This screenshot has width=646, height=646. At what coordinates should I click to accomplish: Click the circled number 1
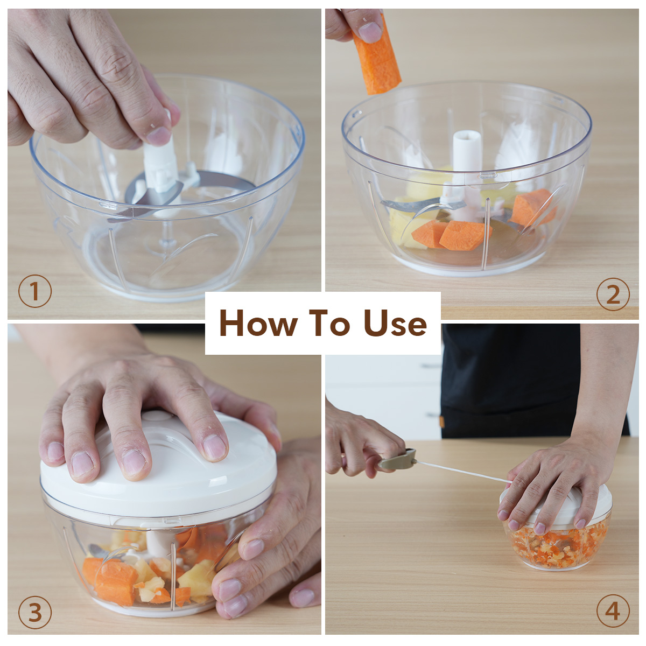click(35, 291)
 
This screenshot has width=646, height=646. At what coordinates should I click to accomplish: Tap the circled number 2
click(613, 294)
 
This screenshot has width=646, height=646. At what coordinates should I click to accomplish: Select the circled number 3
click(35, 612)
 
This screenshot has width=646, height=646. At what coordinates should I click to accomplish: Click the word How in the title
click(258, 323)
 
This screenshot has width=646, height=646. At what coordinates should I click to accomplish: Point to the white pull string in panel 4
click(464, 472)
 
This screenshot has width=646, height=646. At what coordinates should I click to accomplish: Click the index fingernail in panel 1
click(159, 136)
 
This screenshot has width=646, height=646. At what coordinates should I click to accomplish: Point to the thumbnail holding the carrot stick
click(370, 32)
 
